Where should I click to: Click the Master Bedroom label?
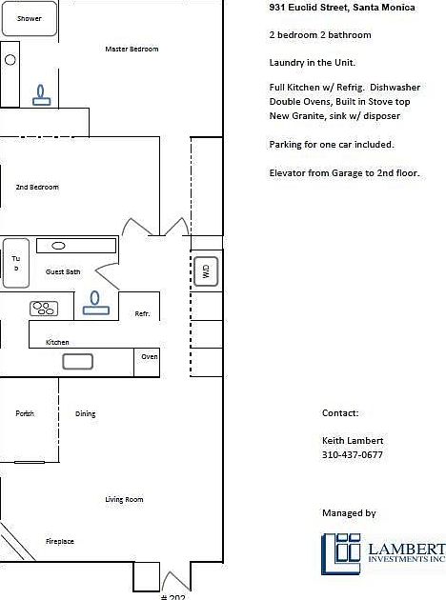point(132,49)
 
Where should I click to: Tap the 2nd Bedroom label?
point(37,188)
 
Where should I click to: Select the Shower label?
point(30,18)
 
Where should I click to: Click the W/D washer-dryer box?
point(206,271)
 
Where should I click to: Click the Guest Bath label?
point(63,271)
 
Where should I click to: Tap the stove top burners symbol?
point(44,308)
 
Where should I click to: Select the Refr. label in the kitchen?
point(142,313)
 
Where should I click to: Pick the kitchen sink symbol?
point(77,361)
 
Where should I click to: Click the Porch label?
point(25,413)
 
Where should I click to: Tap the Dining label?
point(86,413)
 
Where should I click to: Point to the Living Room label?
point(124,499)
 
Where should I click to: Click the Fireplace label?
point(60,541)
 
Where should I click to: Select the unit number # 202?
point(172,595)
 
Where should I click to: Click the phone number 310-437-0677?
point(353,455)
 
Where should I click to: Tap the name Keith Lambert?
point(353,441)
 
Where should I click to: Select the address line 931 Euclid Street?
point(341,8)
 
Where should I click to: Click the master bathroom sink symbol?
point(42,95)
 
